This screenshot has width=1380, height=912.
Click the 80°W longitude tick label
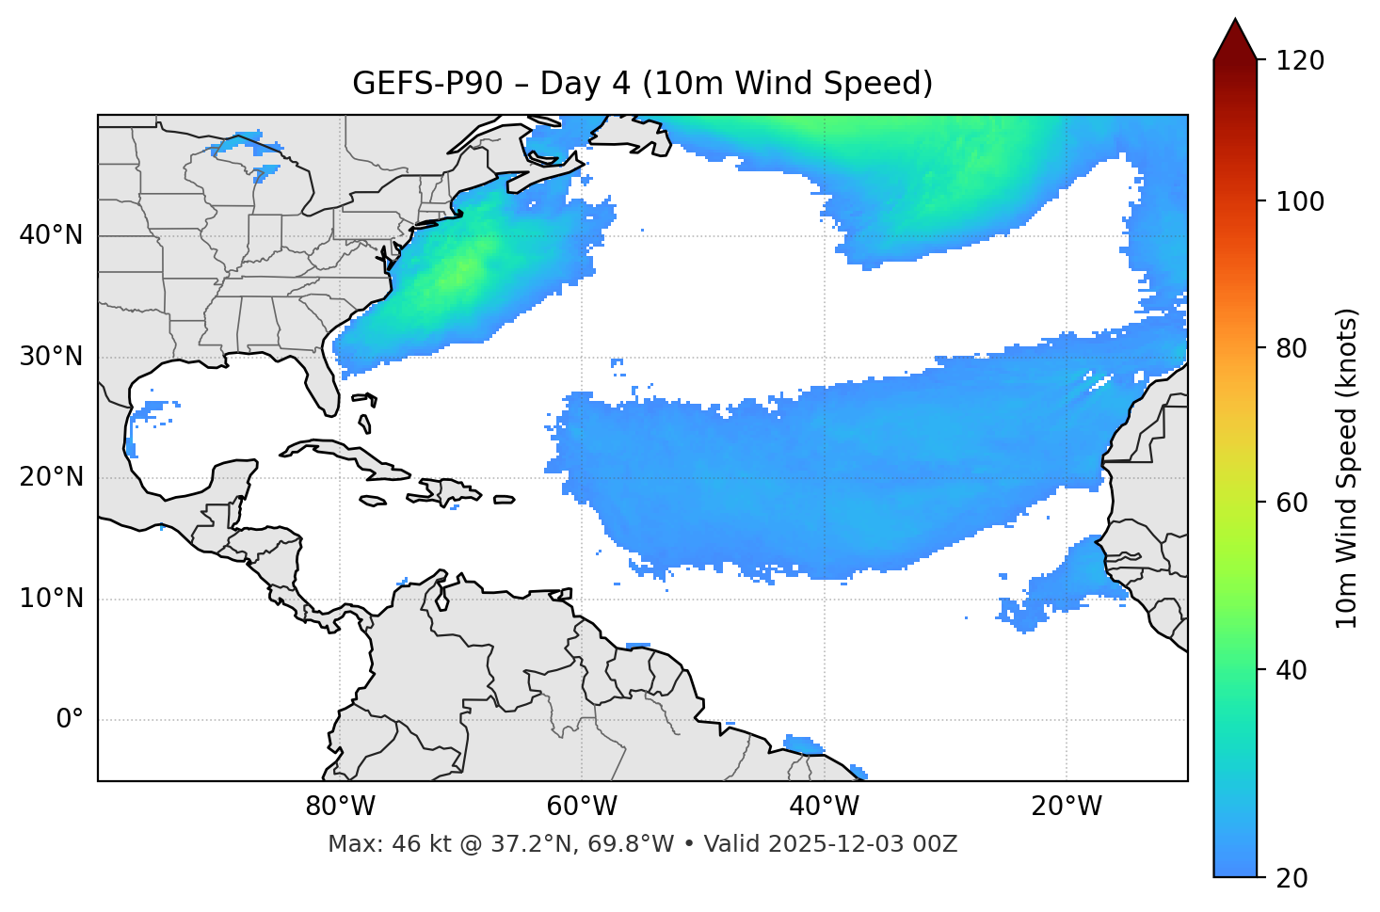click(x=340, y=807)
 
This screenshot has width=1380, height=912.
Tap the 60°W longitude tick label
click(x=582, y=807)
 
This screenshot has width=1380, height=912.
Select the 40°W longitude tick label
click(x=824, y=807)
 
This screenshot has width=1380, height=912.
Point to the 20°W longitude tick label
click(x=1066, y=807)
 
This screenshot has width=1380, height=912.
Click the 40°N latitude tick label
click(x=51, y=235)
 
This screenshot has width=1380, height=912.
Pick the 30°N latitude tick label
click(x=51, y=357)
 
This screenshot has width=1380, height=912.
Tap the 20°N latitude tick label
click(x=51, y=477)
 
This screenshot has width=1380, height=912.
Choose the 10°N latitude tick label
click(x=51, y=599)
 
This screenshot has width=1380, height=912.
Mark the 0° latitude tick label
click(x=69, y=720)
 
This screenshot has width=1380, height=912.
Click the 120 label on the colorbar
click(x=1299, y=61)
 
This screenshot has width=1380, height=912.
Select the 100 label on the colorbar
click(x=1299, y=201)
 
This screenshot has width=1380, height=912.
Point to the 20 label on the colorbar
click(x=1292, y=878)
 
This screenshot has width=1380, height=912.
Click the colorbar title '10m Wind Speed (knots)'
click(x=1347, y=468)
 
